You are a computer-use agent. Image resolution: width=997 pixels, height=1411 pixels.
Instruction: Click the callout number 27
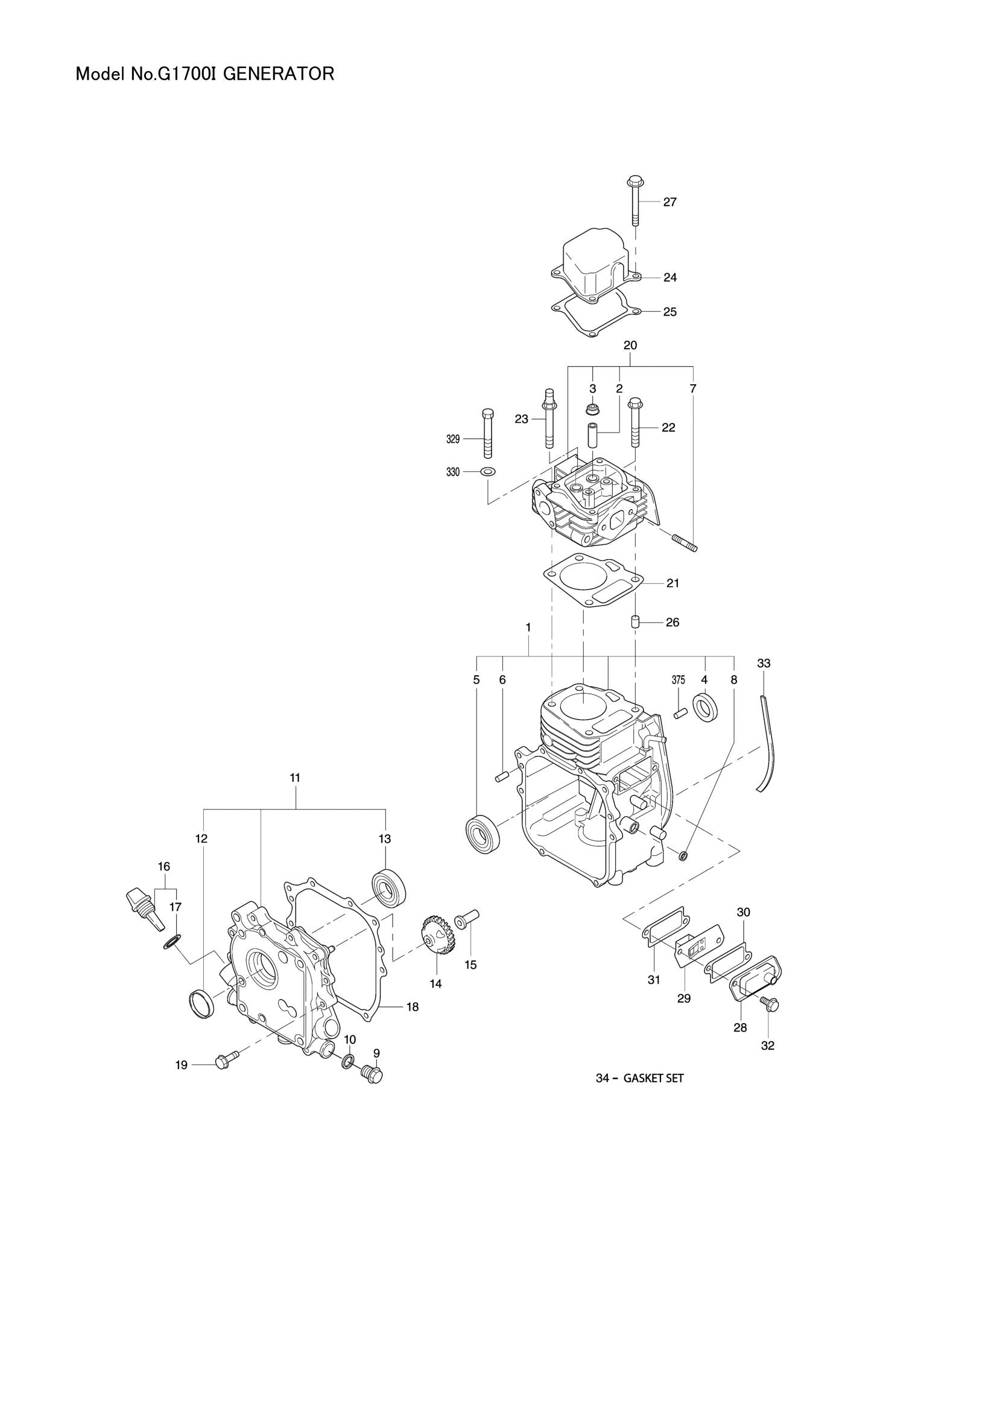(x=669, y=202)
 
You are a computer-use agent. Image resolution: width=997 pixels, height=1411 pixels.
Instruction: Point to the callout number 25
(x=669, y=312)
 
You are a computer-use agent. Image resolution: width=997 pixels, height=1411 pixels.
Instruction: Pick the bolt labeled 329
(x=488, y=433)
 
